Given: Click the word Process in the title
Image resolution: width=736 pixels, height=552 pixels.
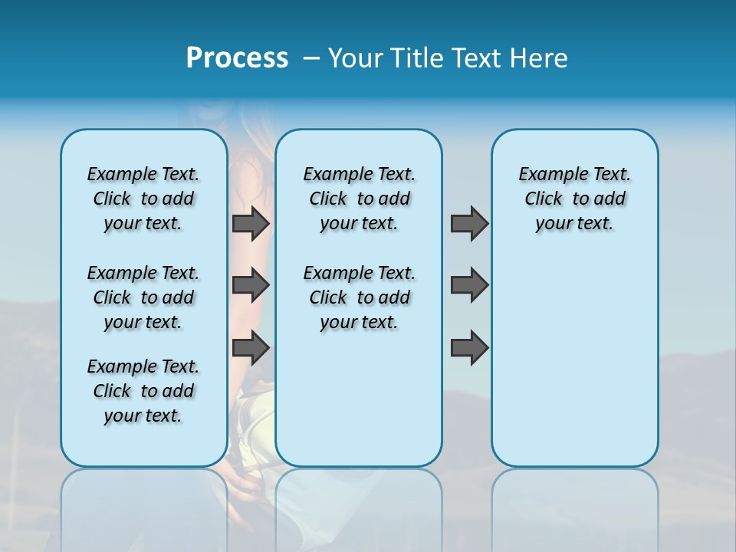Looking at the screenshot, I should (x=237, y=58).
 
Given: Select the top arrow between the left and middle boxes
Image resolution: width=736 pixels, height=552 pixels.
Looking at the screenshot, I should (x=251, y=223).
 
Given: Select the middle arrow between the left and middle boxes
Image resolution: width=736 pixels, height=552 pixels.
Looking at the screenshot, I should (x=251, y=285).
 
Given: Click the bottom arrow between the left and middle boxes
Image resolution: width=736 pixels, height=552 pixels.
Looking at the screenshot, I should (x=251, y=348).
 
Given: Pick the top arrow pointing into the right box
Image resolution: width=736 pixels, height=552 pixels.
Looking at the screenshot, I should (x=469, y=223).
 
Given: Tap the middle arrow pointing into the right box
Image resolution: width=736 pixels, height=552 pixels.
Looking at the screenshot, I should (x=469, y=285).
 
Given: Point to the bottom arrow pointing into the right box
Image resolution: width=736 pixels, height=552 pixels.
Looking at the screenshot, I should (x=469, y=348).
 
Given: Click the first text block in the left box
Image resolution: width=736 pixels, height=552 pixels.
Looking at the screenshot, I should (x=143, y=199).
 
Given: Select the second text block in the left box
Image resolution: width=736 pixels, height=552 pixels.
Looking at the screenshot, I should (x=143, y=297).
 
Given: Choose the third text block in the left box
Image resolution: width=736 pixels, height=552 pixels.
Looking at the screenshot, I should (x=143, y=391).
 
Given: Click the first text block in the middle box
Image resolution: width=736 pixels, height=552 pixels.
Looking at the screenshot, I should (x=359, y=199).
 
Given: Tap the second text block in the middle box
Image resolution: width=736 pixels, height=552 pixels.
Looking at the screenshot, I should (x=359, y=297).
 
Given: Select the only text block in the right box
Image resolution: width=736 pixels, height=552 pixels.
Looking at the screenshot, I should (x=574, y=199).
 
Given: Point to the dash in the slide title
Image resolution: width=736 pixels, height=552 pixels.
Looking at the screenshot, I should (x=311, y=58).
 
